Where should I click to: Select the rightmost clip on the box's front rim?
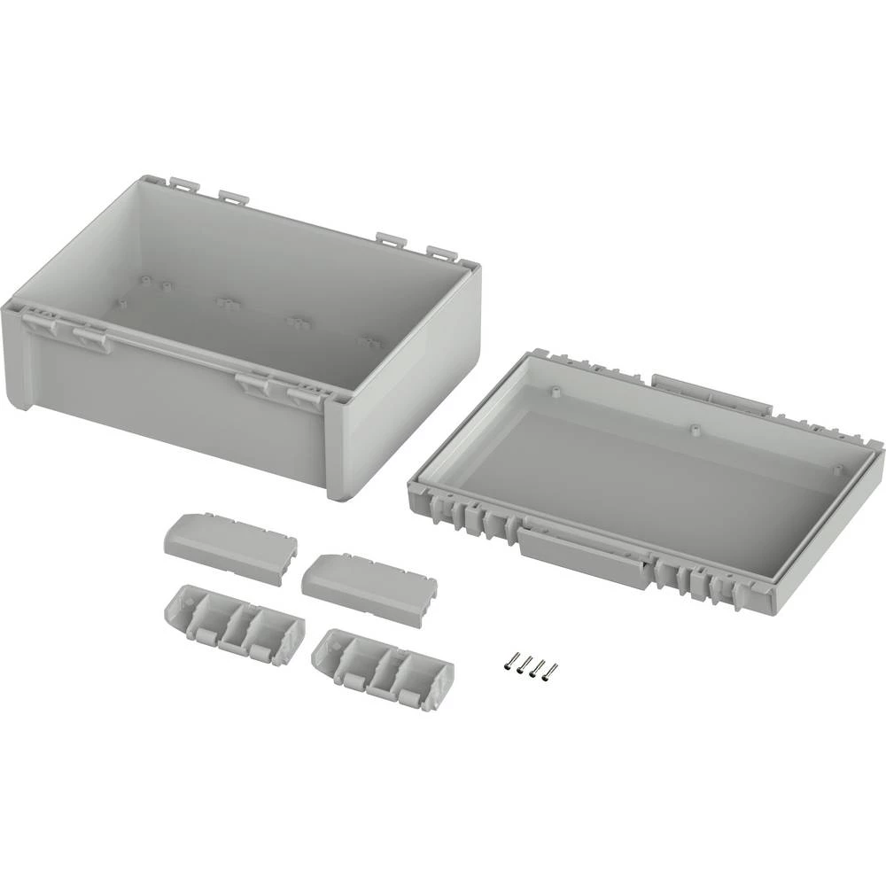point(307,395)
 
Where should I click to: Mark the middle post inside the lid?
point(695,429)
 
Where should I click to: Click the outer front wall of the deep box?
point(177,408)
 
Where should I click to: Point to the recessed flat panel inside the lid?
point(656,478)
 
